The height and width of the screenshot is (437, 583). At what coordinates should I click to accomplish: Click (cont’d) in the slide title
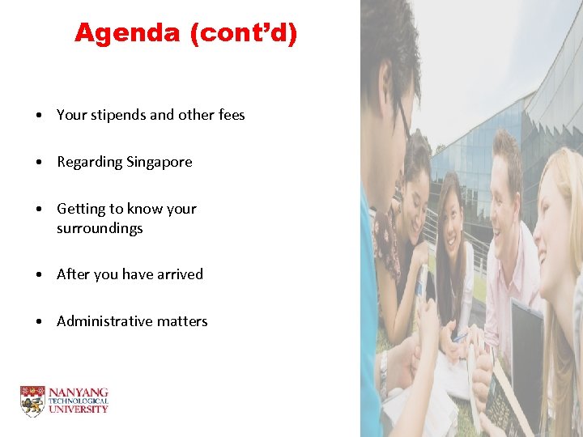[245, 33]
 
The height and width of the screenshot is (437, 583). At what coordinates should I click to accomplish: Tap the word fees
[232, 115]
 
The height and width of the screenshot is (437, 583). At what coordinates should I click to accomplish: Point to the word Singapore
[159, 162]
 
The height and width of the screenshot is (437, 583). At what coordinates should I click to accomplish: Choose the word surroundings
[100, 228]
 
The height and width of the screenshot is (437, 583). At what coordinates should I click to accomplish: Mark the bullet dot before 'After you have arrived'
[40, 275]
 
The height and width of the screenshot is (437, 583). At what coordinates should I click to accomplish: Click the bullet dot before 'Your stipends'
[40, 116]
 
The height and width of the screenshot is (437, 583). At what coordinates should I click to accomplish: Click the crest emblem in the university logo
[32, 401]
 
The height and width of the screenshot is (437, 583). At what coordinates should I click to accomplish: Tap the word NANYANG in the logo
[79, 392]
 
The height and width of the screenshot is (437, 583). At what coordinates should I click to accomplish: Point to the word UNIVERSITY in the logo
[79, 409]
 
